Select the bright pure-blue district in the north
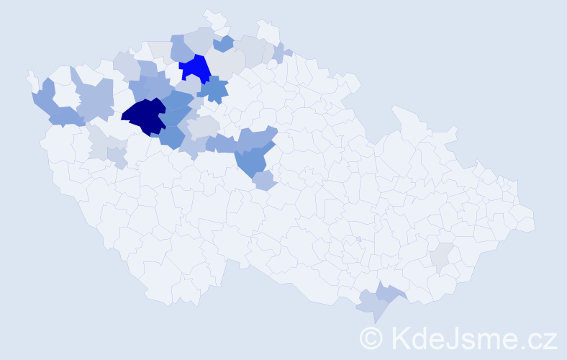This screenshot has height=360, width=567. click(x=194, y=68)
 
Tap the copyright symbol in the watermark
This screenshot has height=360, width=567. click(x=371, y=338)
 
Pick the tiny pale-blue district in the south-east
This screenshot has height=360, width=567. click(x=359, y=239)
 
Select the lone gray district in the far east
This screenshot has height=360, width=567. click(x=442, y=255)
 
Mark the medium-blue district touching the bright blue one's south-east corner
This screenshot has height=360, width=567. click(x=214, y=89)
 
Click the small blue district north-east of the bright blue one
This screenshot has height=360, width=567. click(x=224, y=43)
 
